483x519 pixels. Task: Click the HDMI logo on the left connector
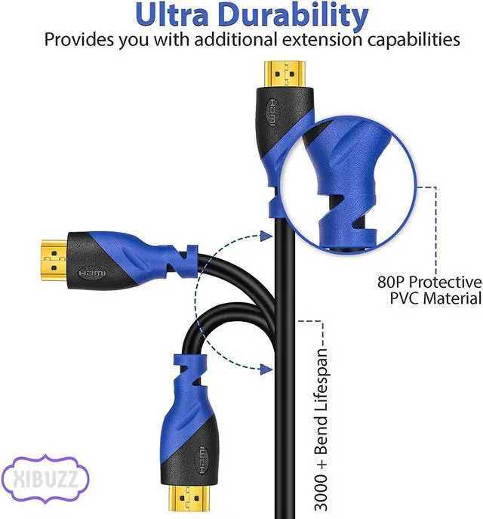click(x=93, y=270)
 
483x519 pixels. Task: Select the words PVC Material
click(x=435, y=298)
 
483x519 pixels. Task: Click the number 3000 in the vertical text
click(x=321, y=483)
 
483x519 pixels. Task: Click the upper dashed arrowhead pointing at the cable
click(x=264, y=236)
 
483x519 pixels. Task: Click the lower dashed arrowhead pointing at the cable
click(x=264, y=368)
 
